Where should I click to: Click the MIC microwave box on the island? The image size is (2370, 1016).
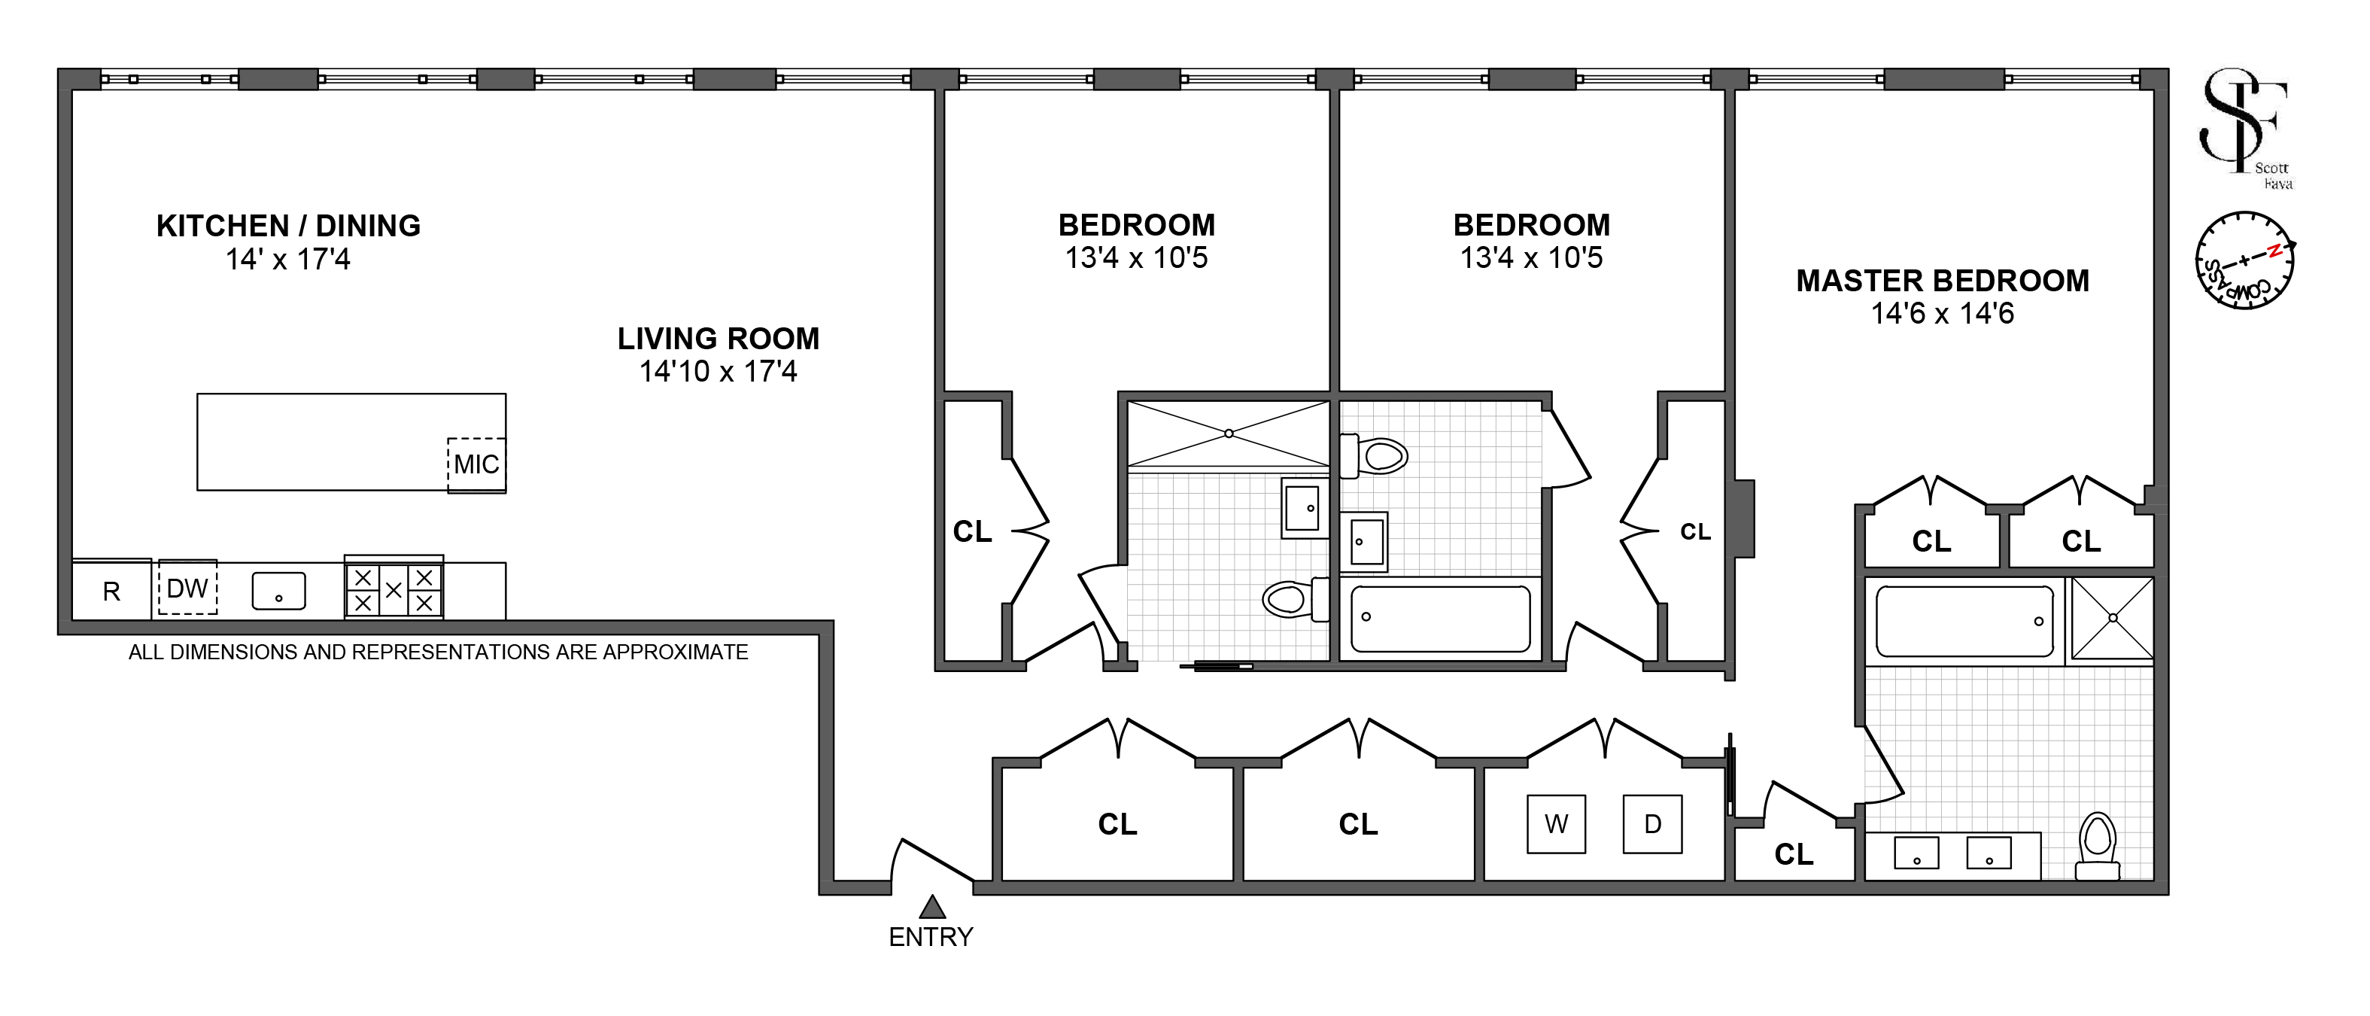coord(476,465)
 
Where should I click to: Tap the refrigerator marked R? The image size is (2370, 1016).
coord(111,589)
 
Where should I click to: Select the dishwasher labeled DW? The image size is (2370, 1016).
coord(187,587)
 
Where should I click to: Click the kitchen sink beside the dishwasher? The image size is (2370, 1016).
coord(279,591)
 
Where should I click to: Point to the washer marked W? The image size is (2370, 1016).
coord(1556,823)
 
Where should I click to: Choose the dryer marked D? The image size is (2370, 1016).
coord(1652,823)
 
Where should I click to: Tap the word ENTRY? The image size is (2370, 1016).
coord(931,937)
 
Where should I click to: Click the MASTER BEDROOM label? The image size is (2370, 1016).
coord(1943,281)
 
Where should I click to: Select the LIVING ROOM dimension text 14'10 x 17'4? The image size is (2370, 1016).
coord(719,372)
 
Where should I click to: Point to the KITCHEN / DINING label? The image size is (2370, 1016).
coord(289,226)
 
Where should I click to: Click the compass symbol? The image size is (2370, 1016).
coord(2245,260)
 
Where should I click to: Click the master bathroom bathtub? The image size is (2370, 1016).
coord(1964,621)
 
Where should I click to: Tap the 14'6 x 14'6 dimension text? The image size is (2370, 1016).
coord(1943,314)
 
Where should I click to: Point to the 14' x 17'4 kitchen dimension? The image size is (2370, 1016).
coord(289,260)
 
